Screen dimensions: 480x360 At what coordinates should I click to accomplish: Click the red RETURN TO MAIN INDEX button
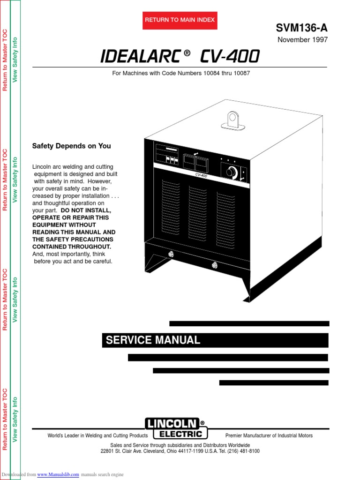point(180,20)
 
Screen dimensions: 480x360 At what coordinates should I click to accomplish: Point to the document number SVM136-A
point(302,28)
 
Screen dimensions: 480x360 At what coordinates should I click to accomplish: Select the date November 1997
point(302,40)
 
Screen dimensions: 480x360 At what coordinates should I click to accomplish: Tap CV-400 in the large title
point(229,57)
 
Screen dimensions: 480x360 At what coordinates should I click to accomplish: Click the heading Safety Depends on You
point(71,146)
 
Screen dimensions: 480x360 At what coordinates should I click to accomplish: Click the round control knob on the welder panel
point(231,172)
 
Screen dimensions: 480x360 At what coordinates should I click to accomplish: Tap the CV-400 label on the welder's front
point(202,175)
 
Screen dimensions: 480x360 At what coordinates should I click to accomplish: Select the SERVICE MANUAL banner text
point(153,340)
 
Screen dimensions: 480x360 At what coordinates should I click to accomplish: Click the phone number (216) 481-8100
point(243,451)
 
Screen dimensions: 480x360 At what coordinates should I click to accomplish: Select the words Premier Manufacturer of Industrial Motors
point(269,435)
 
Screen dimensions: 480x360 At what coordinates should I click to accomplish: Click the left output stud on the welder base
point(171,255)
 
